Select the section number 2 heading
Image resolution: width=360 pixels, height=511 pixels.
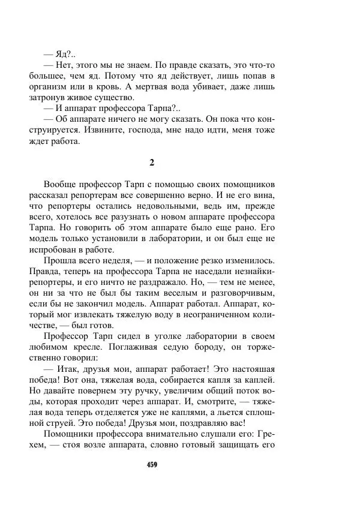[x=152, y=162]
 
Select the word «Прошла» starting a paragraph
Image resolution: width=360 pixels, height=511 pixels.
[x=59, y=260]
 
